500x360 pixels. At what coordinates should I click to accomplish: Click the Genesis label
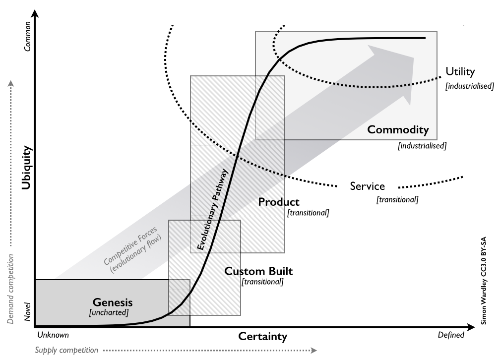113,301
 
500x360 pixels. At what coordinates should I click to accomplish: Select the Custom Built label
258,271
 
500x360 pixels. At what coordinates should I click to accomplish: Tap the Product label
279,202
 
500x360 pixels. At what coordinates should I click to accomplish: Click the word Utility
460,71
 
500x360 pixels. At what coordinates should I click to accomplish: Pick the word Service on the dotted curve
367,186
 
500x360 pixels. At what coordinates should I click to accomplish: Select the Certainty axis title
262,337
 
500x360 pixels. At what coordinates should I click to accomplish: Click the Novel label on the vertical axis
27,312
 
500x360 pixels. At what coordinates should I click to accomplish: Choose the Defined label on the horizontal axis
451,335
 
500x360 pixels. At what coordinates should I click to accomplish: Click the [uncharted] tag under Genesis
109,313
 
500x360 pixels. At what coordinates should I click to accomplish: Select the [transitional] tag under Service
397,200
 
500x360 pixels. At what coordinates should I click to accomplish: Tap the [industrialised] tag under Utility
469,86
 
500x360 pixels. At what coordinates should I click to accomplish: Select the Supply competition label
66,351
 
